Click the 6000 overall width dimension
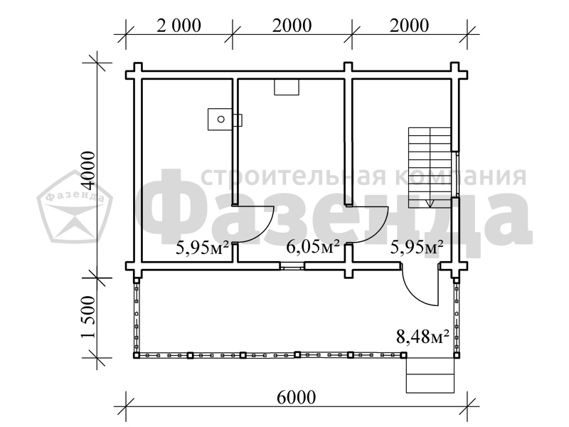pos(296,398)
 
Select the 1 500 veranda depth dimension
pos(88,317)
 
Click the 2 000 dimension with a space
pos(179,26)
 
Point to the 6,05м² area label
pos(313,247)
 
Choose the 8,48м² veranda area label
pos(422,336)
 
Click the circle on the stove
pos(220,119)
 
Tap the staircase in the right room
pos(430,168)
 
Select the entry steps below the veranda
pos(430,375)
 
